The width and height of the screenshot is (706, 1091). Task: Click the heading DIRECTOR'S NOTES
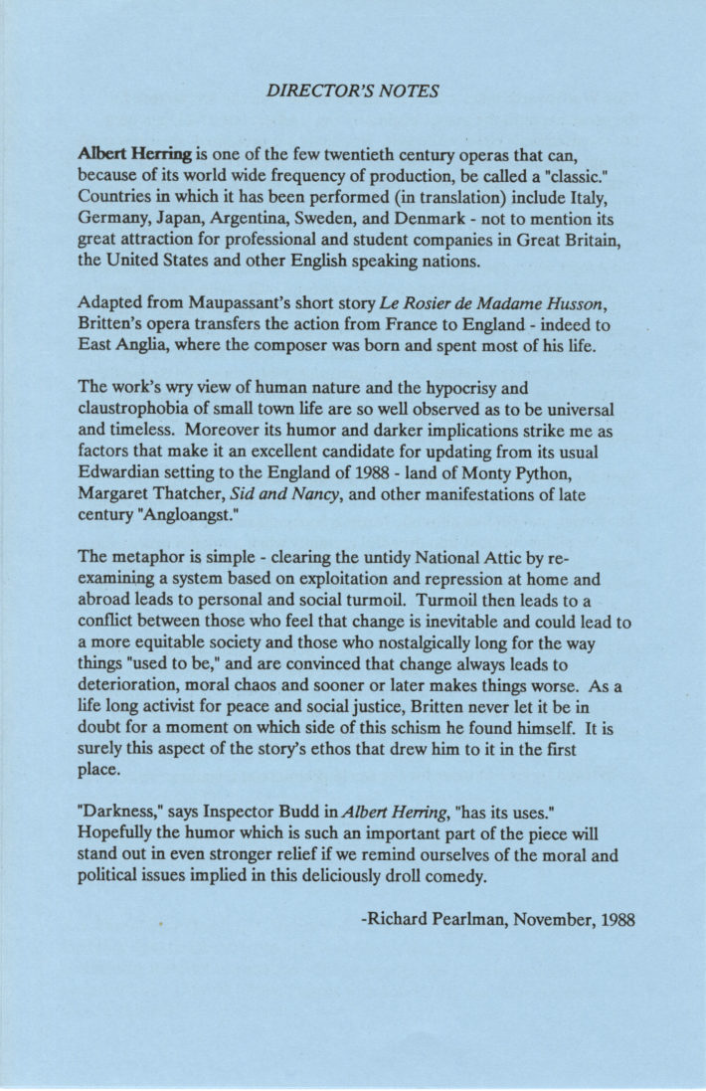click(353, 91)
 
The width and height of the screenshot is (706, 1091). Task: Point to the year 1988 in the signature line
click(615, 921)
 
